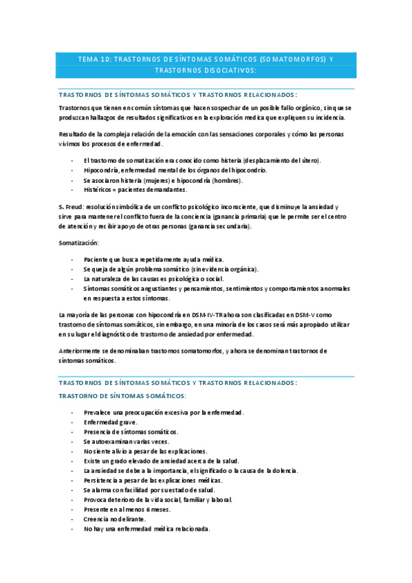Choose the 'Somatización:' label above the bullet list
pyautogui.click(x=78, y=243)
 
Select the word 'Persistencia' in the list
pyautogui.click(x=102, y=480)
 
